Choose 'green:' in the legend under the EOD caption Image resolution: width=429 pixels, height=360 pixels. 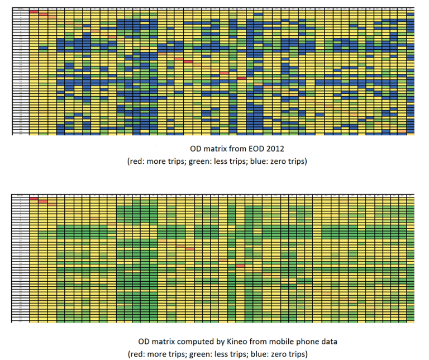(189, 161)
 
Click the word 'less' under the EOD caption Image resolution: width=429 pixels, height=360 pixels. (209, 161)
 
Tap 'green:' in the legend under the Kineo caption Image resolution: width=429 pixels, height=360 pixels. (189, 353)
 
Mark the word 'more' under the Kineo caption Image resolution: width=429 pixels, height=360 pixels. (154, 353)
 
